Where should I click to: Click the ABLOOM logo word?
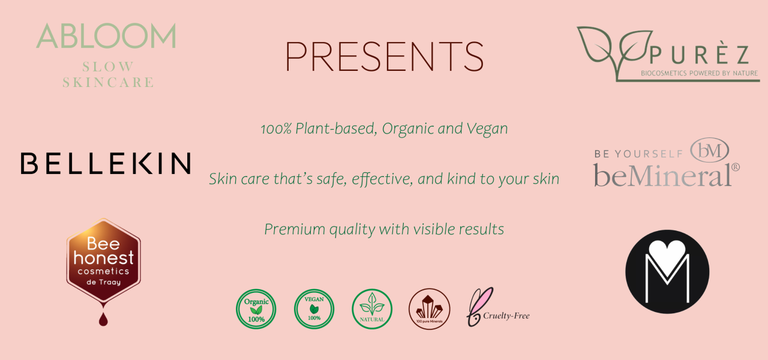(106, 35)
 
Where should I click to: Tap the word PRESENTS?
(385, 56)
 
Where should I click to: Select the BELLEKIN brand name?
(106, 163)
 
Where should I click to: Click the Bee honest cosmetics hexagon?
(104, 261)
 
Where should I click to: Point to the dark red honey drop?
(103, 319)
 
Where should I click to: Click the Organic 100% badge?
(256, 309)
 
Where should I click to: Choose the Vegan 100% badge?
(314, 309)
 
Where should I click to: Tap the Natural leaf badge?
(372, 309)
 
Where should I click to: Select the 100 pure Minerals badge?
(429, 309)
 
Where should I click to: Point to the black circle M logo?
(667, 272)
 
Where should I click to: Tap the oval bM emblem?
(709, 150)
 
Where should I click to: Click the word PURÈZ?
(700, 55)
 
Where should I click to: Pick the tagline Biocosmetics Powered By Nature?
(700, 73)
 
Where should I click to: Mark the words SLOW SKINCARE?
(108, 74)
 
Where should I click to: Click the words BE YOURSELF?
(638, 154)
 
